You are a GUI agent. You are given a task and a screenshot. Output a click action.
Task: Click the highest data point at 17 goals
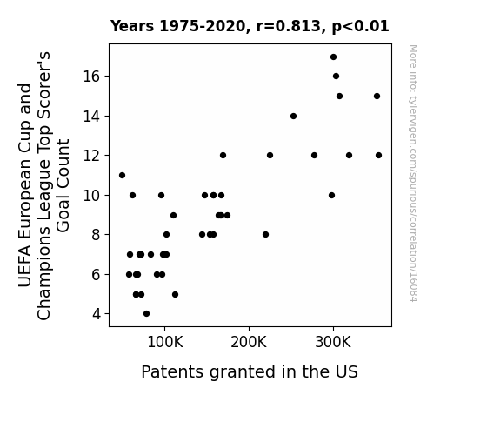pyautogui.click(x=333, y=57)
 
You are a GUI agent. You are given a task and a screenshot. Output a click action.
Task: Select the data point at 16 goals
pyautogui.click(x=336, y=77)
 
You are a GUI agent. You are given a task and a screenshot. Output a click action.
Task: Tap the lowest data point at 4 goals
pyautogui.click(x=146, y=314)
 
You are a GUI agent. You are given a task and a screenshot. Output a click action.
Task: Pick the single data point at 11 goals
pyautogui.click(x=122, y=175)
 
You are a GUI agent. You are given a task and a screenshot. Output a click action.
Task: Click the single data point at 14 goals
pyautogui.click(x=293, y=117)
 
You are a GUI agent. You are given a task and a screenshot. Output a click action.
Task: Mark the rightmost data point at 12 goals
pyautogui.click(x=378, y=156)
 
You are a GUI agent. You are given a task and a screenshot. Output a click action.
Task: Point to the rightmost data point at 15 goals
pyautogui.click(x=377, y=96)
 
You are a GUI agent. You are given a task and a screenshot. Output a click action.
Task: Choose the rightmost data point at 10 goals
pyautogui.click(x=331, y=196)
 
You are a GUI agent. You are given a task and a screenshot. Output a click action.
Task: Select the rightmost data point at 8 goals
pyautogui.click(x=265, y=235)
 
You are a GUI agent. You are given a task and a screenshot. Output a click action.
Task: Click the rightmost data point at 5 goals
pyautogui.click(x=175, y=295)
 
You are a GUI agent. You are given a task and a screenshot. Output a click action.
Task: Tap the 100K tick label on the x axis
pyautogui.click(x=165, y=343)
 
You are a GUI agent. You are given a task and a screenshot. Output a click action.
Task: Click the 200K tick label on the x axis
pyautogui.click(x=249, y=343)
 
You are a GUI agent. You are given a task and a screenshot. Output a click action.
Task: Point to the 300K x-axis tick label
pyautogui.click(x=333, y=343)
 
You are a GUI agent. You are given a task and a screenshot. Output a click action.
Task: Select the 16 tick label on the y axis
pyautogui.click(x=92, y=77)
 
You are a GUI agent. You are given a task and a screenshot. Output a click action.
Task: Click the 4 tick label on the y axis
pyautogui.click(x=97, y=314)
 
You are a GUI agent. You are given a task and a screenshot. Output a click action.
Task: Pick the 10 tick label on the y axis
pyautogui.click(x=92, y=196)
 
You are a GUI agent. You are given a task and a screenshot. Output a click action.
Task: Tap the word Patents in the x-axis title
pyautogui.click(x=172, y=371)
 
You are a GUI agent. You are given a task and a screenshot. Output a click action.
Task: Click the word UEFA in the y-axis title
pyautogui.click(x=25, y=266)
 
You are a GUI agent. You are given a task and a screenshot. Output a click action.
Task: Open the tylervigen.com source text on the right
pyautogui.click(x=413, y=173)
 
